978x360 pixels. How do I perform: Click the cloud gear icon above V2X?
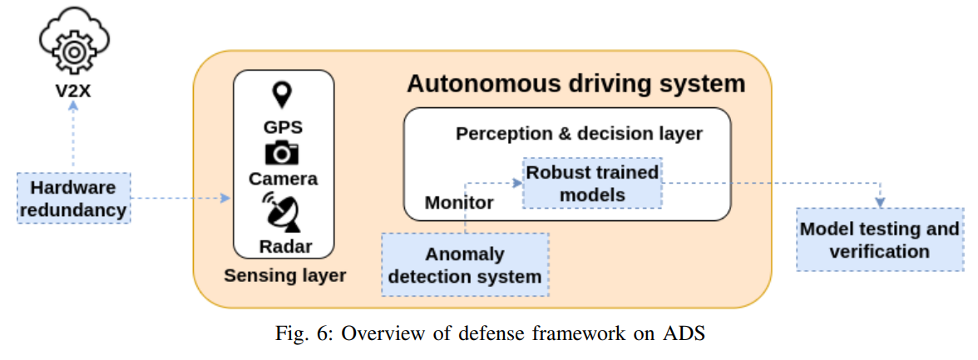click(74, 43)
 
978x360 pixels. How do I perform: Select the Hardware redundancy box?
click(74, 197)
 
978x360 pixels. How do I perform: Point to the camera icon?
click(283, 154)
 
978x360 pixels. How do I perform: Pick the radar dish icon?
click(283, 212)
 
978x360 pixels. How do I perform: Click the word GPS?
click(283, 127)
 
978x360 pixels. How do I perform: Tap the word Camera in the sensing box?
click(283, 179)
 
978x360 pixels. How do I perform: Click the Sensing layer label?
click(284, 274)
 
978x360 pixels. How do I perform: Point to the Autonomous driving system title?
click(575, 84)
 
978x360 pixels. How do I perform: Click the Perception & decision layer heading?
click(579, 133)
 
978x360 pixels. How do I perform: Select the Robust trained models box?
click(592, 183)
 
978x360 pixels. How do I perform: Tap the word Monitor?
click(459, 202)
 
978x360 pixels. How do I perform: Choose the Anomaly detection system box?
click(466, 264)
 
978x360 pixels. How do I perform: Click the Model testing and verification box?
click(879, 239)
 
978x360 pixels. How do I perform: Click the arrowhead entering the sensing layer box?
click(226, 198)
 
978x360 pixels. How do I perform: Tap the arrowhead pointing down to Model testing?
click(879, 203)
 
